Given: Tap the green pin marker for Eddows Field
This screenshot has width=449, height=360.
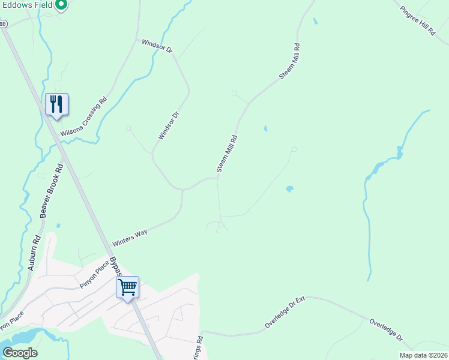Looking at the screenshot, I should [61, 5].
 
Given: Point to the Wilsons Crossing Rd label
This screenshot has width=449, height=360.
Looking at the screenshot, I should [84, 116].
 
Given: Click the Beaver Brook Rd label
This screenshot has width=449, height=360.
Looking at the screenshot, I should [50, 190].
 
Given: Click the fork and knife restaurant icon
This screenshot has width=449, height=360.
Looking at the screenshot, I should [56, 105].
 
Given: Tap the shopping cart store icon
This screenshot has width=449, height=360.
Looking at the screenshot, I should [127, 287].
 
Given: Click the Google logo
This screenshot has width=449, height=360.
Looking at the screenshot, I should [20, 352].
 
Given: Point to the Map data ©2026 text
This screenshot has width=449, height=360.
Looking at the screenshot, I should [423, 355].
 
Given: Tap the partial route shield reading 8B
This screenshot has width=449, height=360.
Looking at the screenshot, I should [3, 24].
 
